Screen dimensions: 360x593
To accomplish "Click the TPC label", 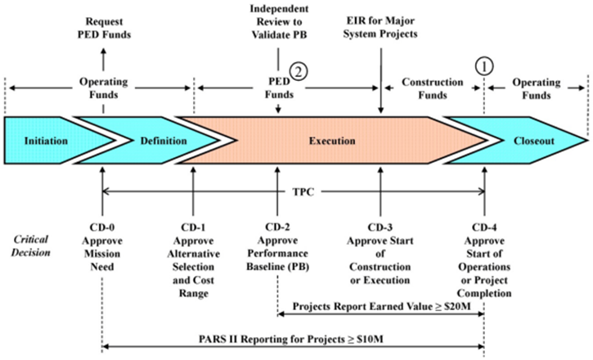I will coord(292,192).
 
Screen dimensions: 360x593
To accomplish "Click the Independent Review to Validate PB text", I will coord(279,23).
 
